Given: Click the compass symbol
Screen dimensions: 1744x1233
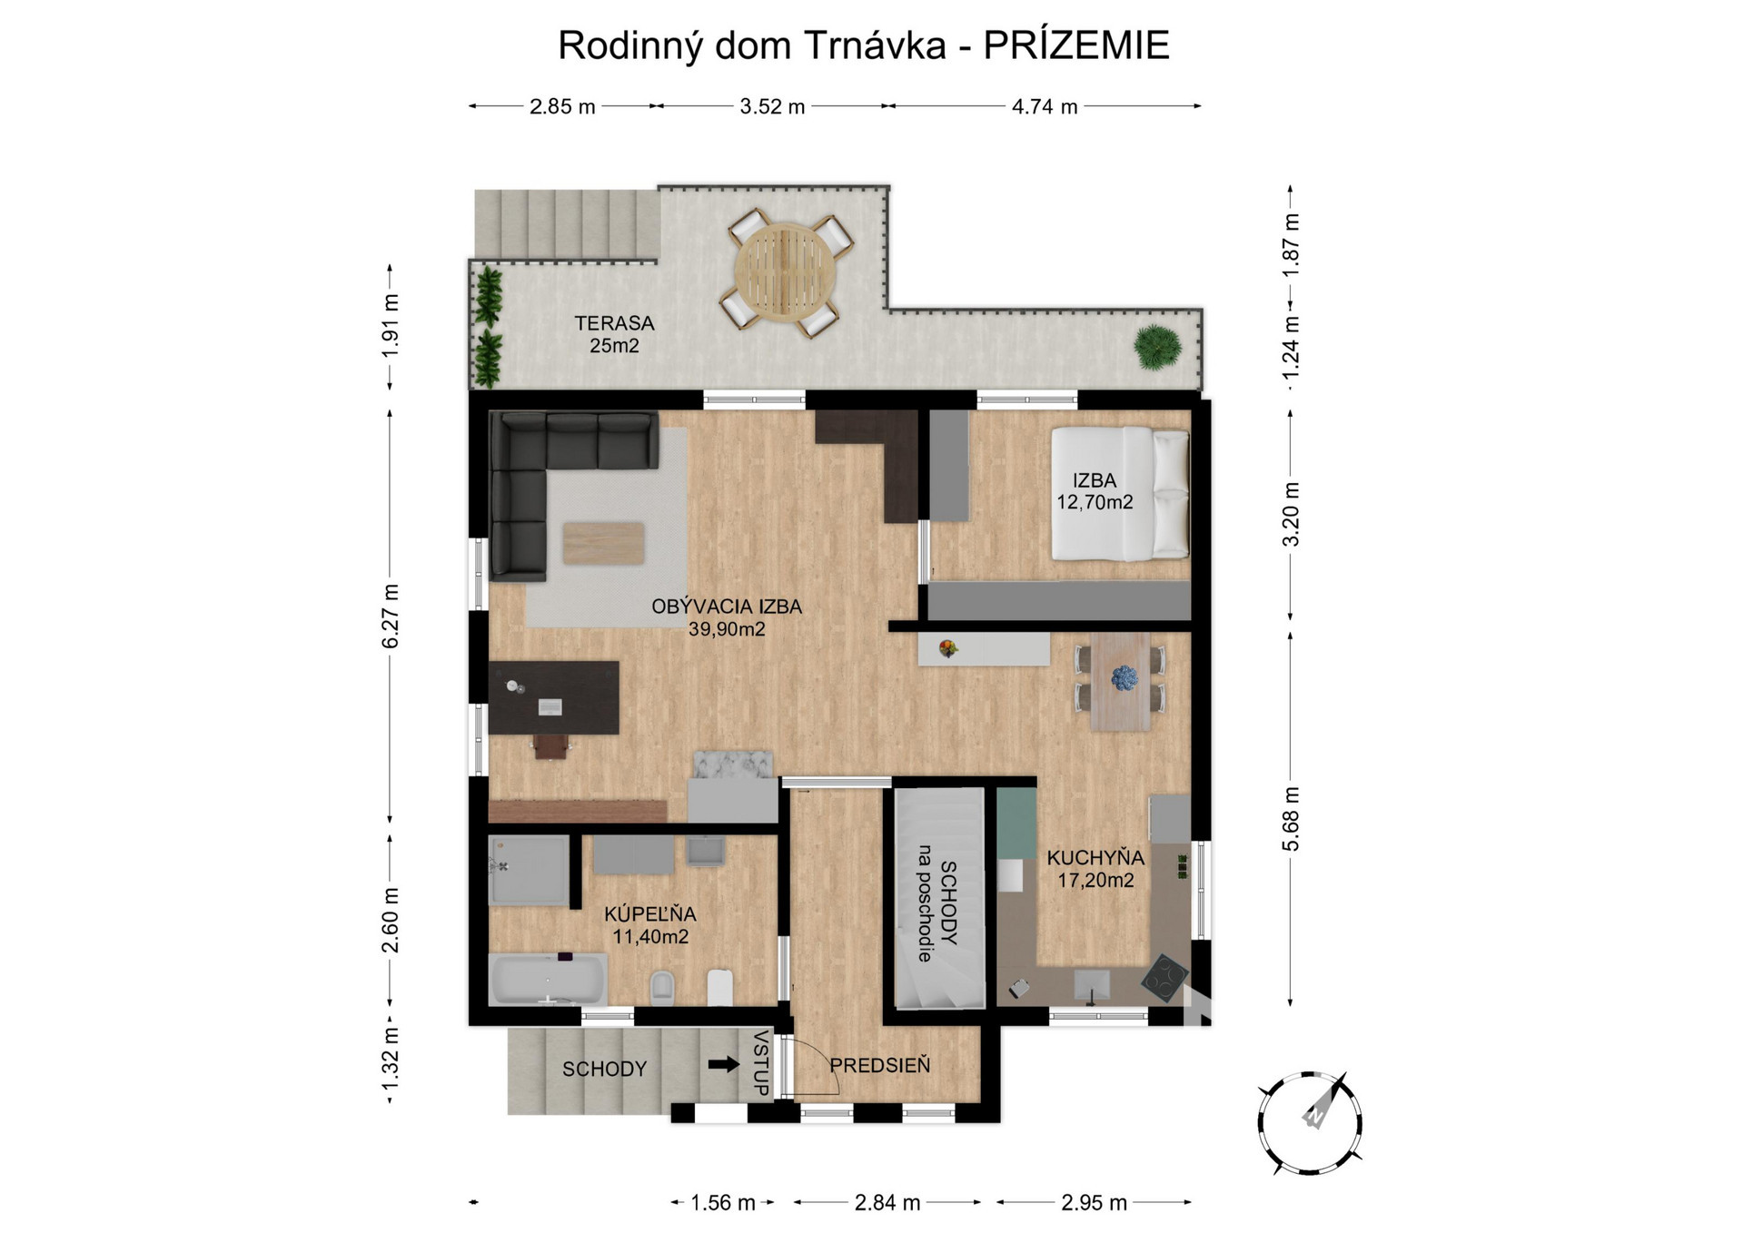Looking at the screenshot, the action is coord(1309,1123).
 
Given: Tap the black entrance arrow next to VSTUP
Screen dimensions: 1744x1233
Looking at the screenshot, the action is coord(724,1064).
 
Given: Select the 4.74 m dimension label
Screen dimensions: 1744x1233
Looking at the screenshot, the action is coord(1045,107).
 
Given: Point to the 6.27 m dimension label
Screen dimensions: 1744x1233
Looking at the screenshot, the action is coord(391,616).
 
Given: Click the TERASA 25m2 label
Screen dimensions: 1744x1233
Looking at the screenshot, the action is coord(614,333).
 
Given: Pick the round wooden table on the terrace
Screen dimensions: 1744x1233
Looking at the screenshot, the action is coord(785,271).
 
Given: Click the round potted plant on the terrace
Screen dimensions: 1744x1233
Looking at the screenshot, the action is coord(1157,348).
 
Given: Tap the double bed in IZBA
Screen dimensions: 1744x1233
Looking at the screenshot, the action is coord(1120,494).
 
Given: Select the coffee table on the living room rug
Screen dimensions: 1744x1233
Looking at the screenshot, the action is coord(604,543).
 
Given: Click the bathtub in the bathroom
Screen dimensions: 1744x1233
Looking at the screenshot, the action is coord(548,979).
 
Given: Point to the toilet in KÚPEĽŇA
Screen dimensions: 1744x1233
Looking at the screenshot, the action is coord(662,987).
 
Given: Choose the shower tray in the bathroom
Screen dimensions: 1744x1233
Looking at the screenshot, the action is coord(529,870).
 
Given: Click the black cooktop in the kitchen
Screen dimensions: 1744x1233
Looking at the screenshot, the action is coord(1164,979).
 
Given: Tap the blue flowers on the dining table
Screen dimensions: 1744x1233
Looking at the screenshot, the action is coord(1125,677).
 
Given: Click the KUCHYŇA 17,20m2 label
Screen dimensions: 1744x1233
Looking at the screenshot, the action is coord(1095,868).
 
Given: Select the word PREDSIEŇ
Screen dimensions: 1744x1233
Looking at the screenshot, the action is coord(880,1066).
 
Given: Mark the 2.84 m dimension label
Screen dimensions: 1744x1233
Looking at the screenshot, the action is coord(887,1203).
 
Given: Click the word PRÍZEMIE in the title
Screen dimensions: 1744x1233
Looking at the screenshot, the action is coord(1076,45).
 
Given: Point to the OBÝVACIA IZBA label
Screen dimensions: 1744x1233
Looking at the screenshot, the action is coord(727,607).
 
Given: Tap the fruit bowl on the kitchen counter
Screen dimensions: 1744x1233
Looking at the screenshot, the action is coord(948,648).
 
